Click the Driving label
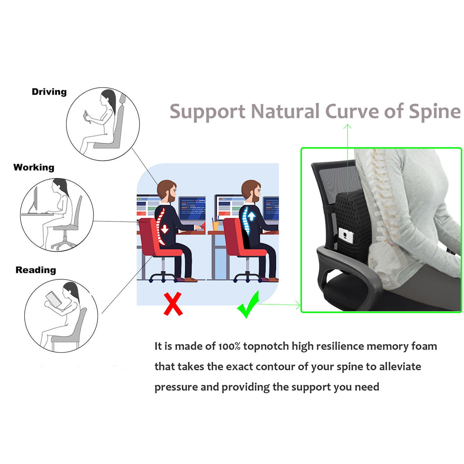(x=49, y=92)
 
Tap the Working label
(x=34, y=167)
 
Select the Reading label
(x=36, y=270)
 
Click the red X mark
(x=173, y=304)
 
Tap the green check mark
(x=248, y=305)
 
